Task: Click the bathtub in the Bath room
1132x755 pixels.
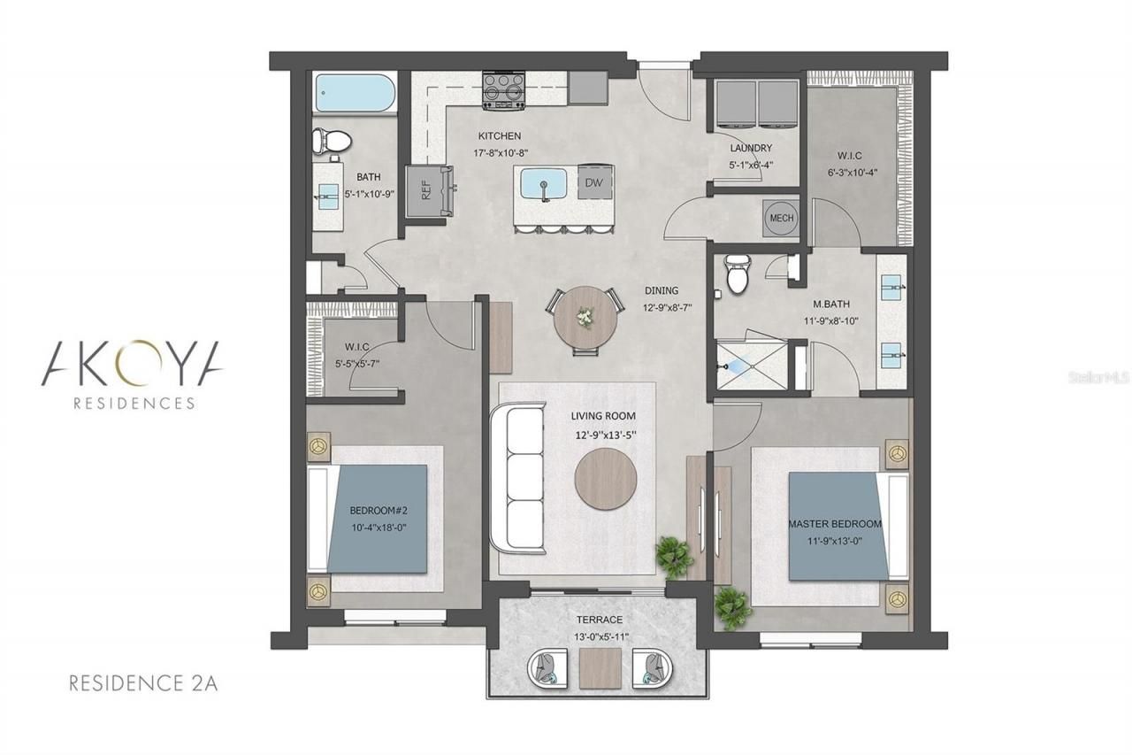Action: point(352,93)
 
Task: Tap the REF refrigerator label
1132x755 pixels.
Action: point(425,190)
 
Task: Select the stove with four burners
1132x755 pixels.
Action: point(504,90)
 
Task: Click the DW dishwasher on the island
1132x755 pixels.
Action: point(592,182)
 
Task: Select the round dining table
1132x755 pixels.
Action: point(584,320)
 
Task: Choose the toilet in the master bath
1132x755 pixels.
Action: point(736,273)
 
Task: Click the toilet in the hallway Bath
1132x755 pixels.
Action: point(331,142)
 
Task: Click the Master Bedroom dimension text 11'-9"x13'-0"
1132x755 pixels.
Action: point(835,540)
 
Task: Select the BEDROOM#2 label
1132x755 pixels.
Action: point(378,511)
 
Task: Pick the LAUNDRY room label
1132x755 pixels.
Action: point(751,149)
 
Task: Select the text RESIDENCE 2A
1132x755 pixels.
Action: point(143,682)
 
